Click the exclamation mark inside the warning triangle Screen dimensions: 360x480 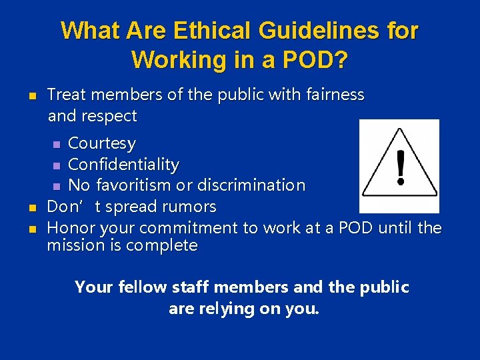[400, 167]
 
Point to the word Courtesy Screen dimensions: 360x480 [102, 143]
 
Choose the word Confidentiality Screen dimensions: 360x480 [124, 164]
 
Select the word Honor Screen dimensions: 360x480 [70, 227]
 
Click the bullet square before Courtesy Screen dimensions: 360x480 [57, 144]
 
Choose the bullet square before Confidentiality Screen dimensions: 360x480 [57, 165]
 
